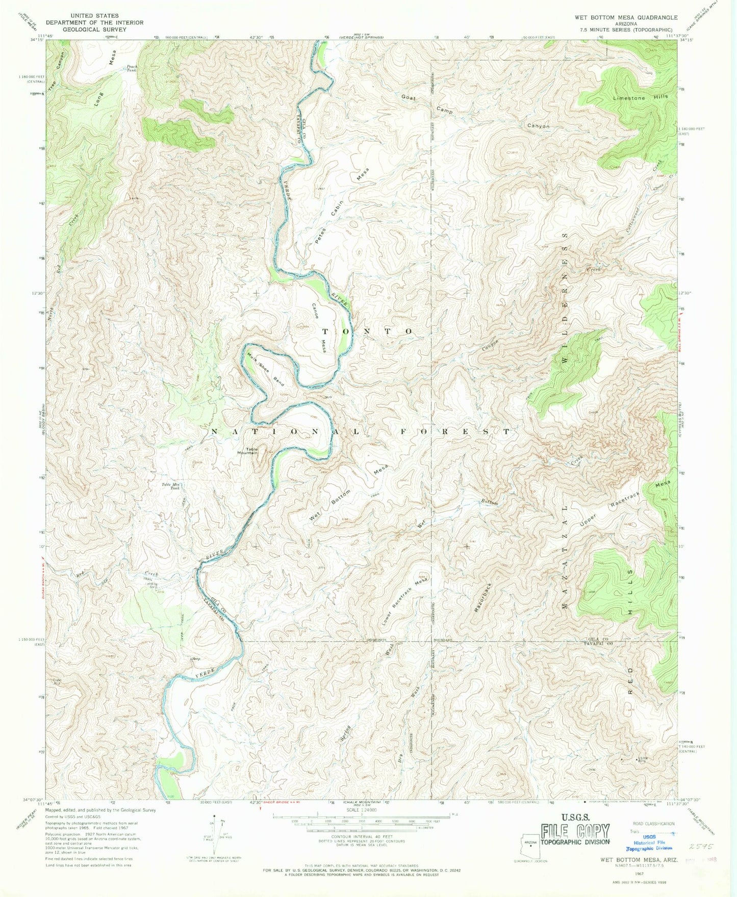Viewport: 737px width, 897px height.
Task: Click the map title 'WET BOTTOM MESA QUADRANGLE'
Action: (x=626, y=17)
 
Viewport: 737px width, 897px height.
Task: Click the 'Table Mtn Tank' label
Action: (x=171, y=486)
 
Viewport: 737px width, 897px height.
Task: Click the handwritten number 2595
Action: (x=699, y=846)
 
